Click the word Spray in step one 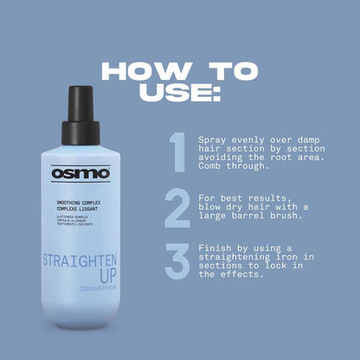click(x=212, y=138)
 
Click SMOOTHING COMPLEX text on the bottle click(x=78, y=201)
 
